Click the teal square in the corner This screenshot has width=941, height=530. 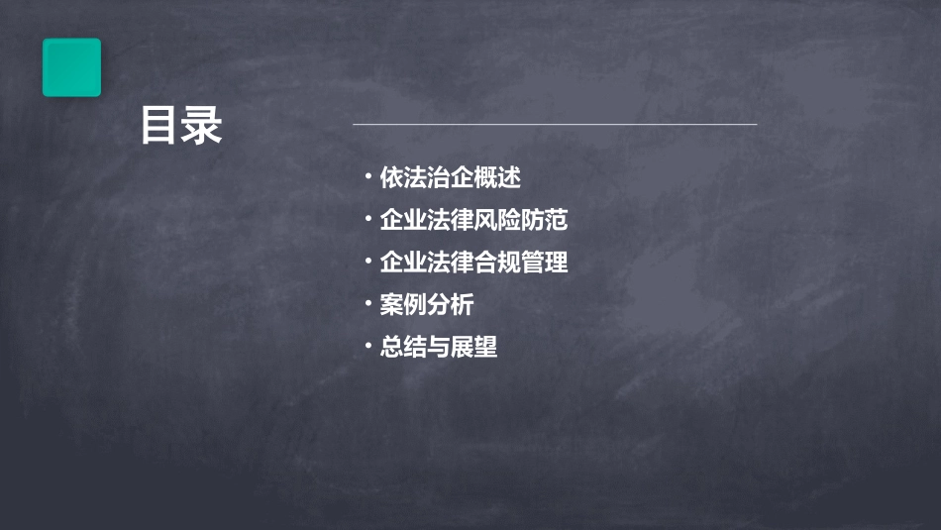coord(71,67)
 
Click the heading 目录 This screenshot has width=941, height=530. coord(181,127)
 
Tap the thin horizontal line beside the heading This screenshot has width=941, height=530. coord(555,125)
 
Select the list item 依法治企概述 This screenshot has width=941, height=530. coord(450,178)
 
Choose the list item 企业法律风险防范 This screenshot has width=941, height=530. coord(473,220)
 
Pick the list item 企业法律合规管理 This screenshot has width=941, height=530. coord(473,263)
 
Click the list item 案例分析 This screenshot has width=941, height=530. coord(427,305)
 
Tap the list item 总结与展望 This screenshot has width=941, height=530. coord(438,348)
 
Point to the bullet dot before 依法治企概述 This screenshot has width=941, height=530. coord(367,178)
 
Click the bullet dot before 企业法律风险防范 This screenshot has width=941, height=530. coord(367,220)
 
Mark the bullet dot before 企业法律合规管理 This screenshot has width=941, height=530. coord(367,263)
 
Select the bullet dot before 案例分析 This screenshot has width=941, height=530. coord(367,304)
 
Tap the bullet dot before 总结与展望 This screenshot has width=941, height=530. coord(367,347)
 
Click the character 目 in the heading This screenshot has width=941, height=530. coord(159,127)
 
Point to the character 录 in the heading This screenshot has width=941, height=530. coord(203,127)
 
